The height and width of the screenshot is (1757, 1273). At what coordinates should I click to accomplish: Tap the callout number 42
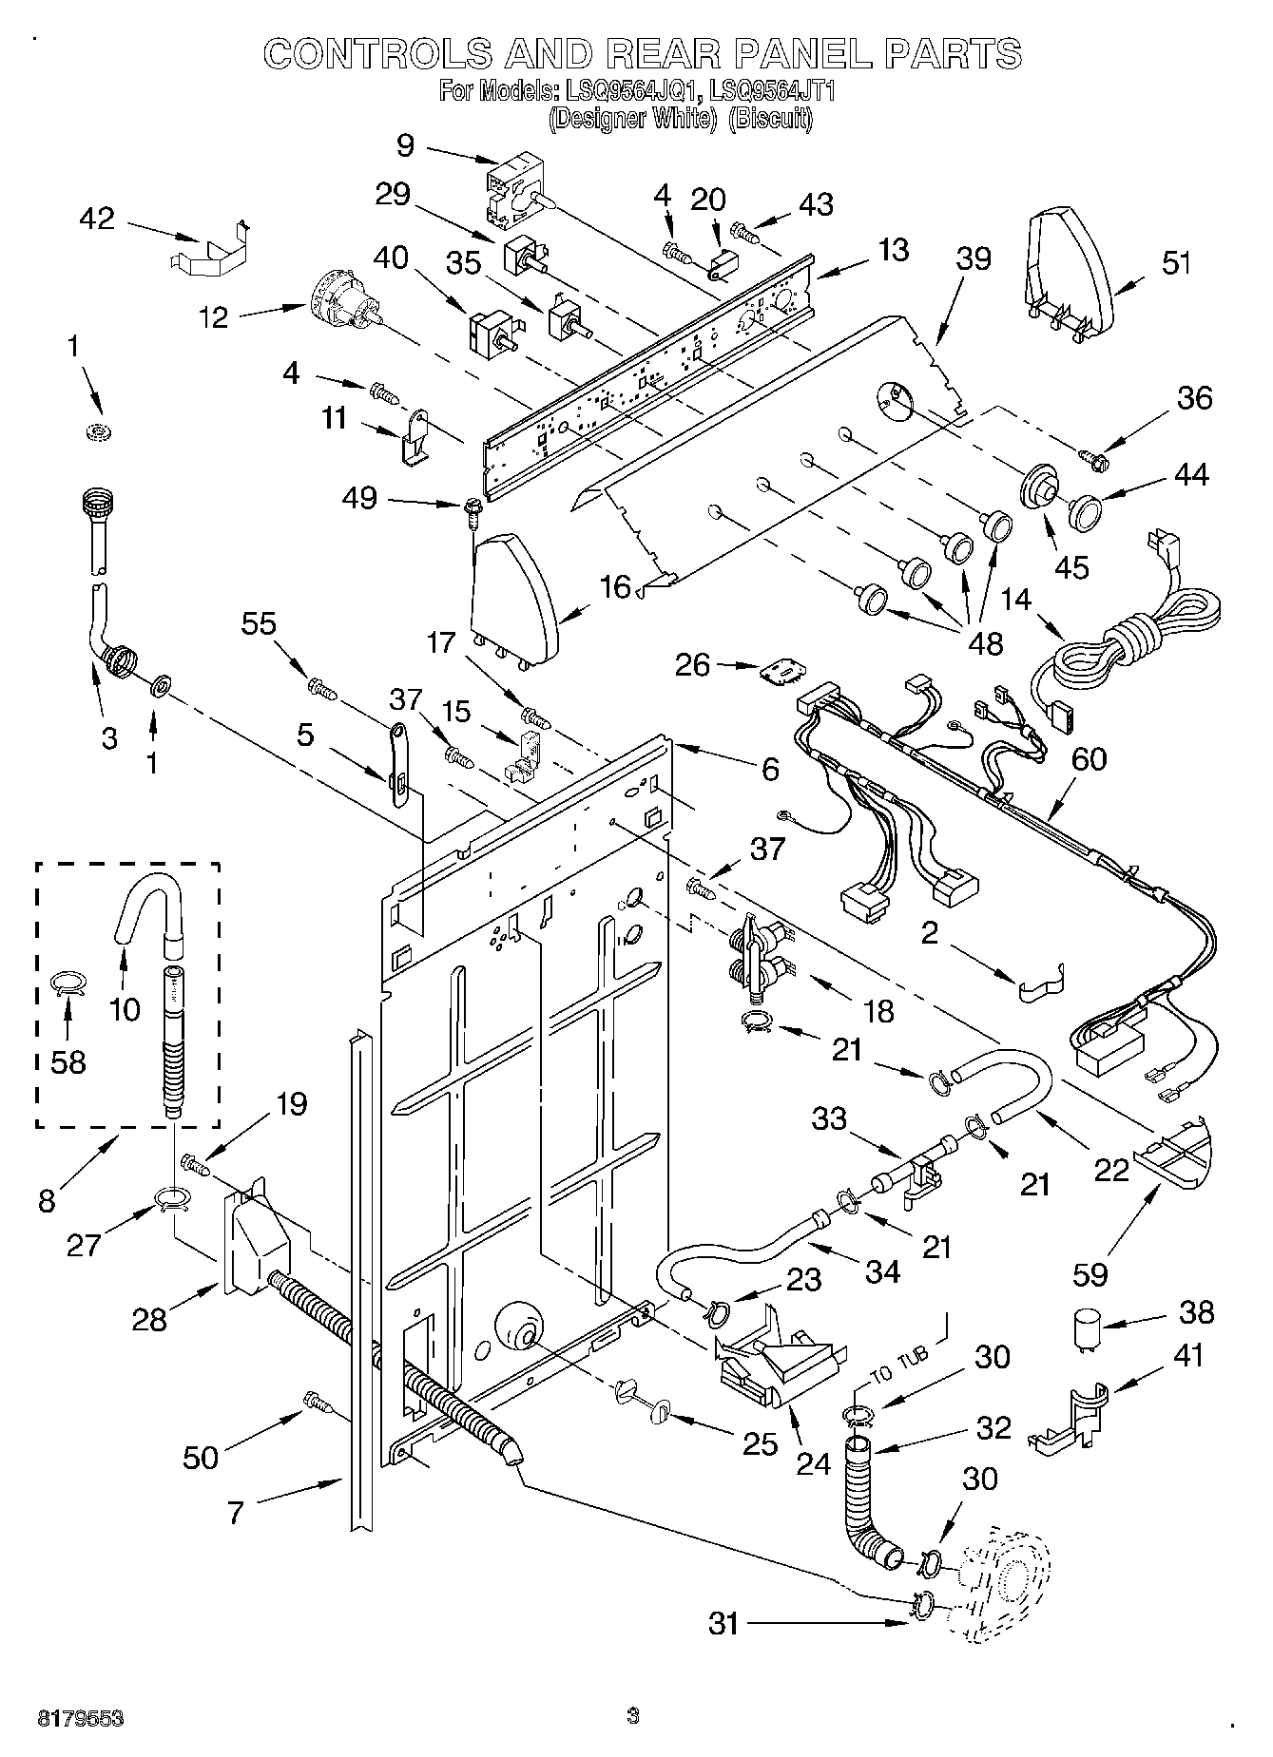point(97,219)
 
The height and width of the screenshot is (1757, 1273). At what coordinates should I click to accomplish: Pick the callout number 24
point(813,1464)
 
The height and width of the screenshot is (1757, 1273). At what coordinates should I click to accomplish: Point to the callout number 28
point(150,1319)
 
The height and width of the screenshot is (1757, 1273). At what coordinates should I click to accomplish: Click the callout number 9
point(406,145)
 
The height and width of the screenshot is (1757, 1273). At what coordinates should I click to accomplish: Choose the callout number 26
point(693,664)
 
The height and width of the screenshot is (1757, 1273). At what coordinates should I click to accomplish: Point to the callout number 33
point(829,1118)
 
